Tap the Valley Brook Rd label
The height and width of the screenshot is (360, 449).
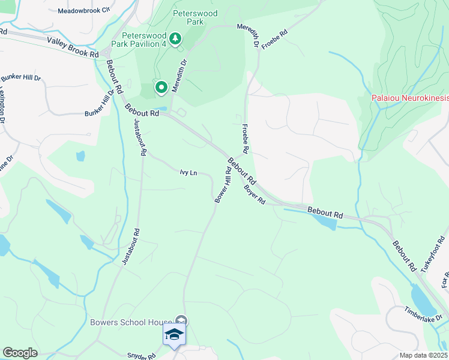pyautogui.click(x=73, y=48)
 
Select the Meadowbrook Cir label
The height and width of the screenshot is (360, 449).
pyautogui.click(x=85, y=11)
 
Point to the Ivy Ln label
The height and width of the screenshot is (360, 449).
pyautogui.click(x=188, y=173)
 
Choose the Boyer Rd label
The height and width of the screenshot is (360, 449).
pyautogui.click(x=255, y=194)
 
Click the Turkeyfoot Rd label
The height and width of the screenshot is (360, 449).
pyautogui.click(x=434, y=254)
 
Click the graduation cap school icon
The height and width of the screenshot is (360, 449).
pyautogui.click(x=173, y=335)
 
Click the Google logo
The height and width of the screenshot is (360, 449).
pyautogui.click(x=20, y=353)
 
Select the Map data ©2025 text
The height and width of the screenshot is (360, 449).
pyautogui.click(x=423, y=355)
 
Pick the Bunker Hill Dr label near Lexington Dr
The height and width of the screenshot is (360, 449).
pyautogui.click(x=20, y=78)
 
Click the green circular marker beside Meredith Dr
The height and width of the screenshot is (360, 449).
pyautogui.click(x=161, y=88)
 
